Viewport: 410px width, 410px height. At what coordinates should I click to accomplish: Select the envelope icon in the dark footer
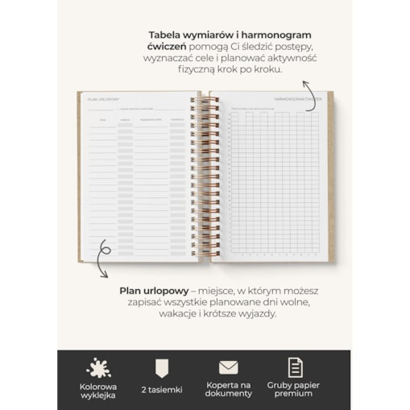228,367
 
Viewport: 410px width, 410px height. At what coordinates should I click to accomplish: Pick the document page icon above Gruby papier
296,367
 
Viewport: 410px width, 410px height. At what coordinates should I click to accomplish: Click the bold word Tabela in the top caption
168,35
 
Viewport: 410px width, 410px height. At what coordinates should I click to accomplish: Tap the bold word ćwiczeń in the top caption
166,47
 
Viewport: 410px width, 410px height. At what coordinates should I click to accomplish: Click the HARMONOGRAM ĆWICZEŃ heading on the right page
297,99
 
